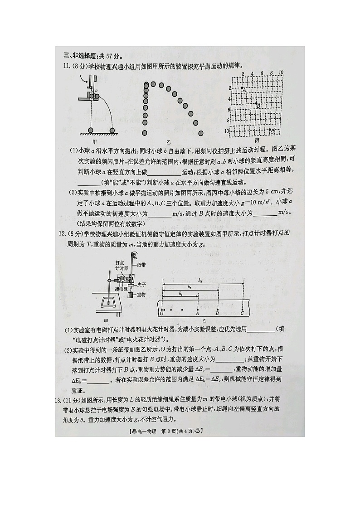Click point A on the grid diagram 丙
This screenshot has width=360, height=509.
[x=242, y=87]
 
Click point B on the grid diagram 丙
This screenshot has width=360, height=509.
[x=256, y=104]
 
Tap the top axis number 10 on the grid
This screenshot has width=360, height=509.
[x=281, y=73]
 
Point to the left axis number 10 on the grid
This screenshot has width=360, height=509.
[x=228, y=131]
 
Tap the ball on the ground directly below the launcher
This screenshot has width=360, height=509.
[x=91, y=131]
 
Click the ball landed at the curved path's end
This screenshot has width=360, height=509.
[x=112, y=131]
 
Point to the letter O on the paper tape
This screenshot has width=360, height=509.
[x=161, y=313]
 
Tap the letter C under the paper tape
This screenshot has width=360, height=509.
[x=242, y=313]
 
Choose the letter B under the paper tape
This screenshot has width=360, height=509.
[x=217, y=313]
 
